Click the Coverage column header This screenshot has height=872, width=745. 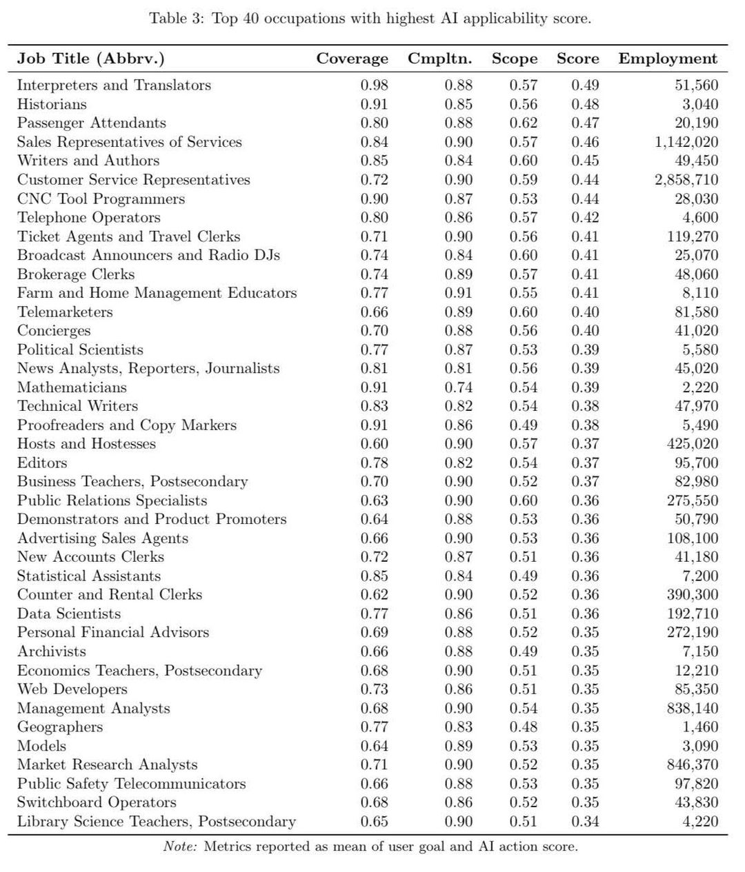pyautogui.click(x=352, y=59)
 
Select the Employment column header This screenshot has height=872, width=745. pyautogui.click(x=668, y=59)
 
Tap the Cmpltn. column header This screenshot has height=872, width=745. pyautogui.click(x=439, y=59)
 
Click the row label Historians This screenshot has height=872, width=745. pyautogui.click(x=52, y=105)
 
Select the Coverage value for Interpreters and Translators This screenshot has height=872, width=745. pyautogui.click(x=374, y=85)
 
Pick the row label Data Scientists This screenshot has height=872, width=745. pyautogui.click(x=68, y=614)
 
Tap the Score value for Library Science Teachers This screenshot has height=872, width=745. pyautogui.click(x=585, y=822)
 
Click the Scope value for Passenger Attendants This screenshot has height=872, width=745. pyautogui.click(x=523, y=123)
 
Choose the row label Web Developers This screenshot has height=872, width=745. pyautogui.click(x=72, y=689)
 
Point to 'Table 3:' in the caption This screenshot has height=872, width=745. pyautogui.click(x=177, y=19)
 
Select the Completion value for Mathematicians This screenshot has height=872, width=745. pyautogui.click(x=458, y=387)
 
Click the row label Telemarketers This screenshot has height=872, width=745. pyautogui.click(x=65, y=312)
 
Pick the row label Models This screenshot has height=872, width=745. pyautogui.click(x=41, y=746)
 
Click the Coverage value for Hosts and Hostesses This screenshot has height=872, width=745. pyautogui.click(x=374, y=444)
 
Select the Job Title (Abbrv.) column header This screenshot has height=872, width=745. pyautogui.click(x=90, y=59)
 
